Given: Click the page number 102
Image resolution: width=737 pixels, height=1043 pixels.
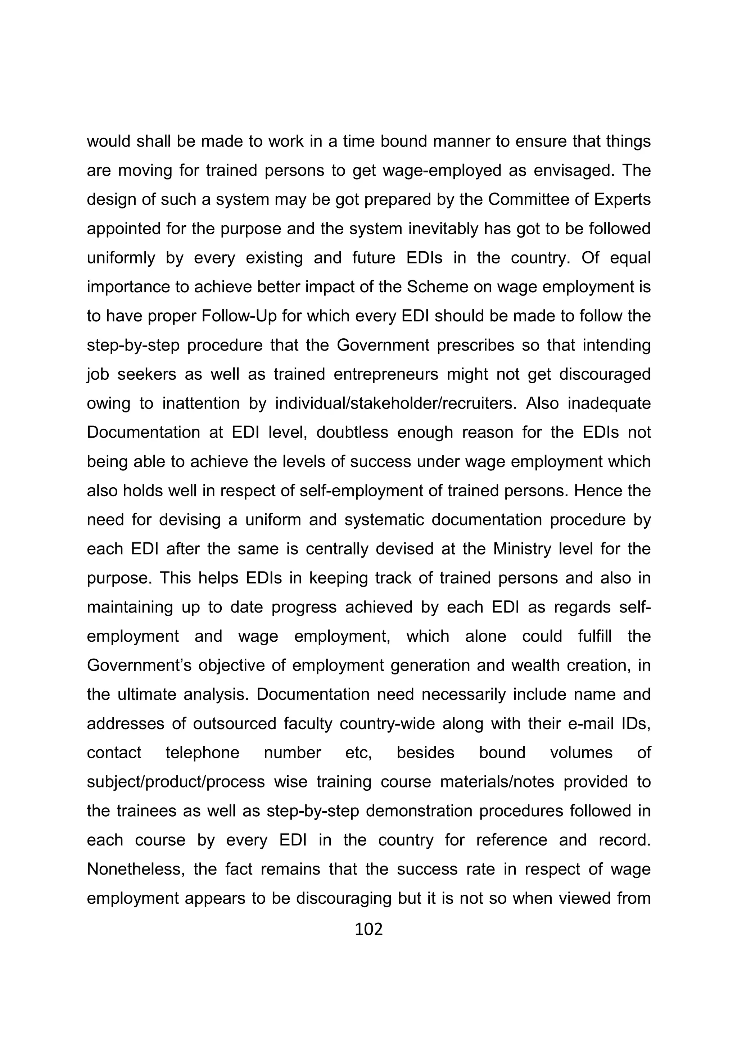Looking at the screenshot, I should pos(368,929).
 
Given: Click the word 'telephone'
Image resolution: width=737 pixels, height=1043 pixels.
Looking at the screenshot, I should pos(202,753).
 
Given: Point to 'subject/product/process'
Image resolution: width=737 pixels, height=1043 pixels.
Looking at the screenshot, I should pos(176,782).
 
